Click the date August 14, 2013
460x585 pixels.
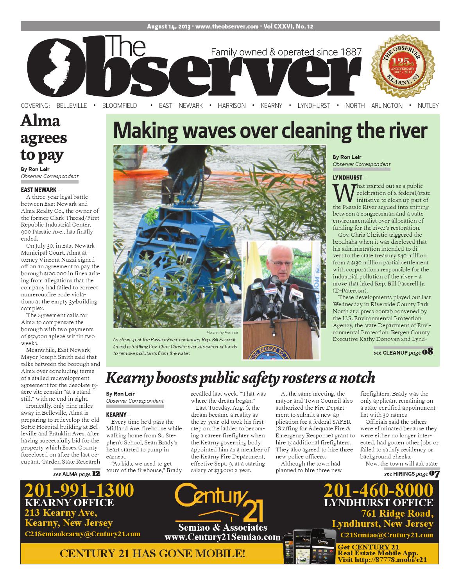tap(168, 27)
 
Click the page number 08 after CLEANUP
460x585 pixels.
tap(427, 352)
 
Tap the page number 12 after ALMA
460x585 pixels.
tap(96, 474)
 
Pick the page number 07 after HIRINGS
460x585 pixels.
tap(434, 474)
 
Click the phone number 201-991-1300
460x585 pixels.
tap(79, 490)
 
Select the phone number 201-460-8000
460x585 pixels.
tap(378, 490)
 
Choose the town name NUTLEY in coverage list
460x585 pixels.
tap(428, 105)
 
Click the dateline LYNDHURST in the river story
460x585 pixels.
tap(347, 177)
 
